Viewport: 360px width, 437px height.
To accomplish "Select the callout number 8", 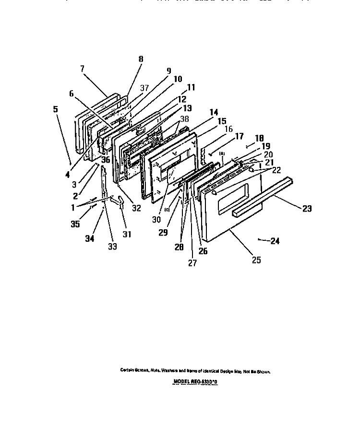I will [141, 59].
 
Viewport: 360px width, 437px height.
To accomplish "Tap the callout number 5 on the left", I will [56, 109].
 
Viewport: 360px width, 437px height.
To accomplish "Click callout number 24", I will [275, 241].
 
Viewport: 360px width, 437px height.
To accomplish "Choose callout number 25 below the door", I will [256, 260].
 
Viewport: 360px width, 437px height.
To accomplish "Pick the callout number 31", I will [127, 235].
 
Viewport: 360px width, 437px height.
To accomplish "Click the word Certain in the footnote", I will [127, 371].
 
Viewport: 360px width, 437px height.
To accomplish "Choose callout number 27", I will [192, 263].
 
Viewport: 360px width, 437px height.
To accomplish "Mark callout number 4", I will [68, 175].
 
